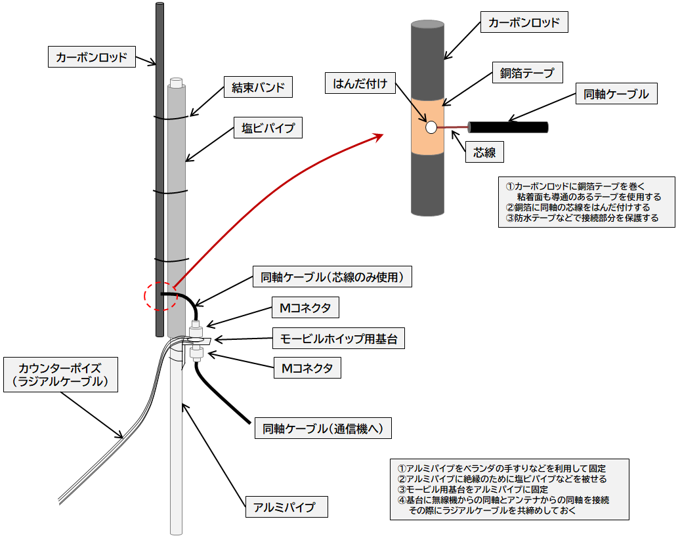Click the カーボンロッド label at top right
pyautogui.click(x=524, y=23)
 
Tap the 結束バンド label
pyautogui.click(x=258, y=87)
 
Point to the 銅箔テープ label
pyautogui.click(x=527, y=73)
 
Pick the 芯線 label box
pyautogui.click(x=489, y=153)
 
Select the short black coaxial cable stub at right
pyautogui.click(x=508, y=127)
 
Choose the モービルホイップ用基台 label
pyautogui.click(x=339, y=339)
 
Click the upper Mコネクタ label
pyautogui.click(x=306, y=307)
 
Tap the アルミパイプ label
pyautogui.click(x=285, y=507)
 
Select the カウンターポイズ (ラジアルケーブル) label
pyautogui.click(x=60, y=374)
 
